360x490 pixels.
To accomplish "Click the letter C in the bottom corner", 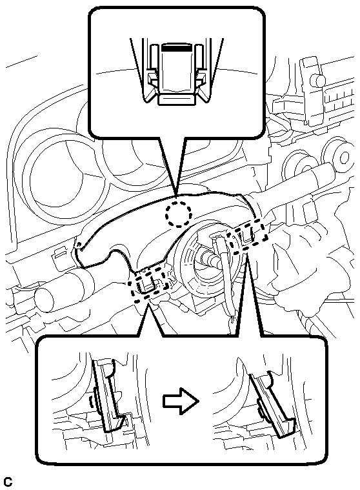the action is click(x=8, y=482).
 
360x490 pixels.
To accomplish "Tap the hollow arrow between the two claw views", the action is click(x=181, y=402).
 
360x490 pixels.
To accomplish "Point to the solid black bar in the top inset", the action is click(x=175, y=48).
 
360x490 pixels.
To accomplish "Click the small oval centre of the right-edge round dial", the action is click(x=345, y=156).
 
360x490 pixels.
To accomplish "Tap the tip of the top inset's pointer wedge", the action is click(x=177, y=196).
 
